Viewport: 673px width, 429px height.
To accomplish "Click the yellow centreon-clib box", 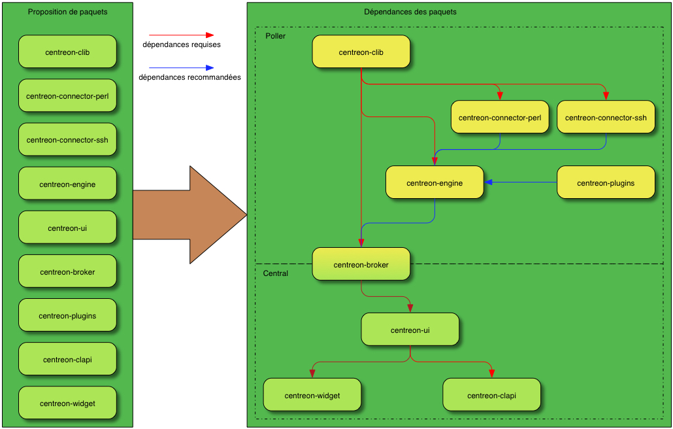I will [x=361, y=52].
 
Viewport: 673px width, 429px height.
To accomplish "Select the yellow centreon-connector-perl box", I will [x=500, y=118].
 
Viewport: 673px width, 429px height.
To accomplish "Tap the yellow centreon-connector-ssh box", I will [x=606, y=118].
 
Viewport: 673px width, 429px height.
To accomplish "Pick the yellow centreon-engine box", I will [x=435, y=183].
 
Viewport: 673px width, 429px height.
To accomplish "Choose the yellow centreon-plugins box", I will [x=606, y=183].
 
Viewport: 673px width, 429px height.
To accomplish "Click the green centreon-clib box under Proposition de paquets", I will [x=67, y=52].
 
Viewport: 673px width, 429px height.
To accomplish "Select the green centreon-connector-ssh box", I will [x=67, y=140].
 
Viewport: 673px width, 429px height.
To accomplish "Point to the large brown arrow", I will [x=189, y=214].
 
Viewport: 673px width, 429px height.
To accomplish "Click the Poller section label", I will [x=275, y=36].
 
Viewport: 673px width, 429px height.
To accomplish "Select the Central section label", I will [x=275, y=273].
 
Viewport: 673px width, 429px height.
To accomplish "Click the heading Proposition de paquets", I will [x=67, y=12].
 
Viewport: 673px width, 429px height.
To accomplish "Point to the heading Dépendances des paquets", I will [x=410, y=12].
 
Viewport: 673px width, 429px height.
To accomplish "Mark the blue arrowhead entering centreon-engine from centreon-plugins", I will [x=488, y=182].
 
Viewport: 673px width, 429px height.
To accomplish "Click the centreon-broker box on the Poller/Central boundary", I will [x=361, y=265].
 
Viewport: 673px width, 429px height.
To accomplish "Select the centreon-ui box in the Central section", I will [x=410, y=330].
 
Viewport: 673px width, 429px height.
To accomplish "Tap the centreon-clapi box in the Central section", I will [x=491, y=396].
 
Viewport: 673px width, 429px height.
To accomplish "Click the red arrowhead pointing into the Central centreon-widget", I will [x=312, y=373].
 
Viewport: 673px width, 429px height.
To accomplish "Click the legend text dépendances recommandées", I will [x=189, y=77].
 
